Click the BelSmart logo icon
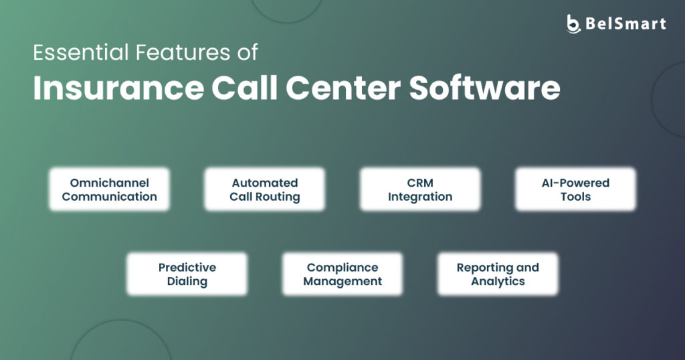click(x=573, y=23)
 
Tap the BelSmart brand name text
click(x=625, y=23)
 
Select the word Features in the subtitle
click(x=183, y=52)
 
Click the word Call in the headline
click(x=245, y=88)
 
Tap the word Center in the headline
click(x=343, y=89)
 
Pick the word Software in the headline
click(x=484, y=88)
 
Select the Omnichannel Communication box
click(x=109, y=189)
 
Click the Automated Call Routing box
click(x=265, y=189)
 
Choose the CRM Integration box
click(x=420, y=189)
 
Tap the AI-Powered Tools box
click(x=575, y=189)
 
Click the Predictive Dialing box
click(x=187, y=274)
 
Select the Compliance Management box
click(x=342, y=274)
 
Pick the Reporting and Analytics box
click(x=498, y=274)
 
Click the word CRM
click(x=420, y=183)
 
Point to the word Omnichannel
click(x=109, y=183)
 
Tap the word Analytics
click(x=498, y=281)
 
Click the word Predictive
click(x=187, y=268)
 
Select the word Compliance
click(x=342, y=268)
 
